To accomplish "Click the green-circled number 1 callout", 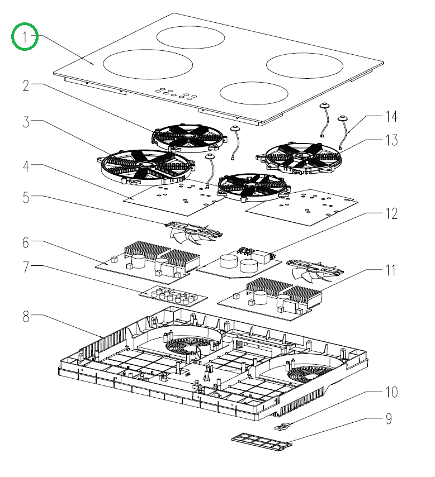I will [x=25, y=37].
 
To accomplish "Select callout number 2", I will [x=25, y=85].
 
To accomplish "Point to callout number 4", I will [x=25, y=166].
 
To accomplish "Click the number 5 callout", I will [x=25, y=198].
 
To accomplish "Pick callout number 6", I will [x=25, y=243].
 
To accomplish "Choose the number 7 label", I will [x=25, y=268].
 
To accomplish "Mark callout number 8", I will [x=25, y=317].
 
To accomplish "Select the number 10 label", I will [x=391, y=392].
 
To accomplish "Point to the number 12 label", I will [x=391, y=213].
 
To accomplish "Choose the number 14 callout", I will [x=391, y=117].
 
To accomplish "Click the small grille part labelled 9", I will [x=262, y=442].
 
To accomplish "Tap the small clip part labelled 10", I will [x=283, y=426].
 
